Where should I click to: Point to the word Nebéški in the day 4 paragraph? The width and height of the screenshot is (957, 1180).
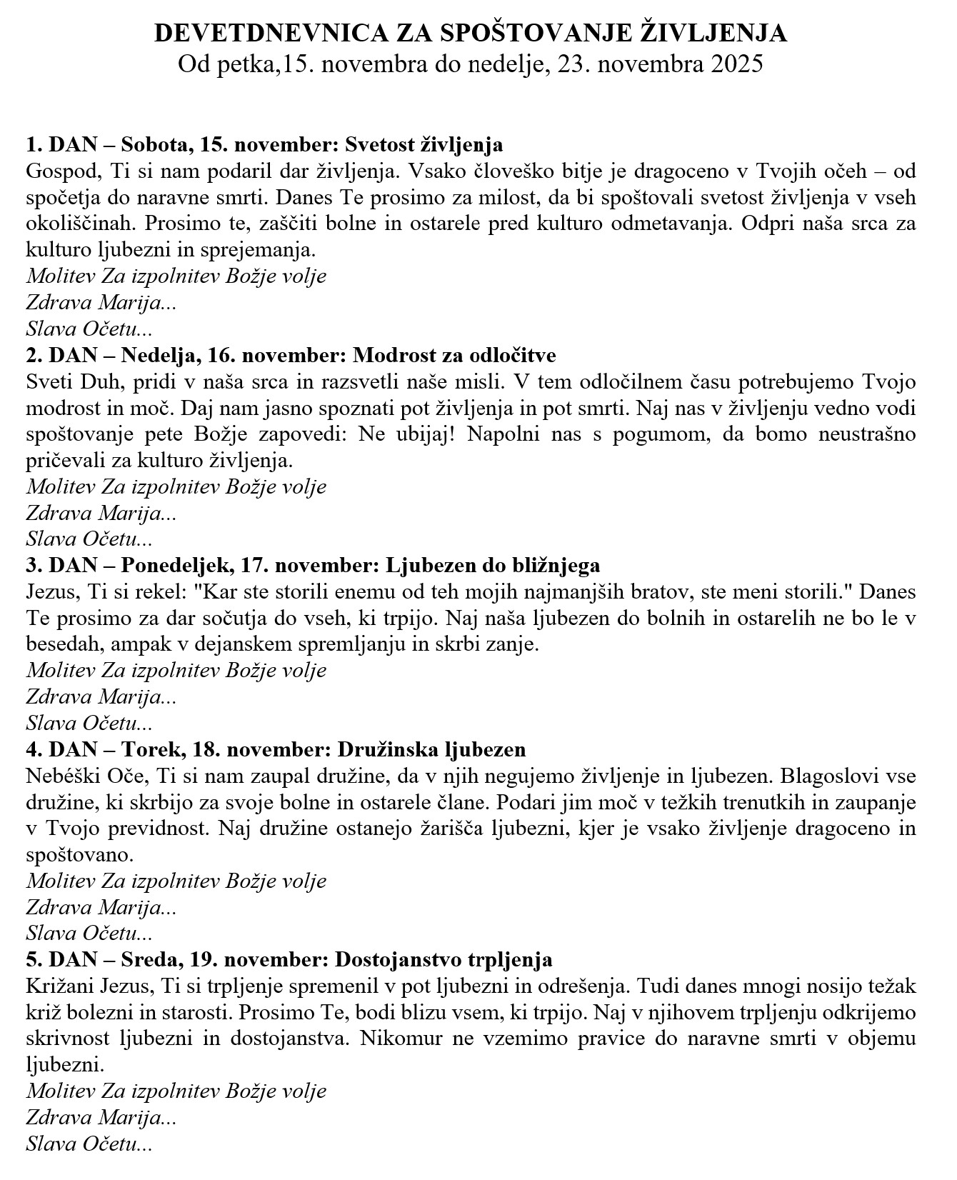pos(61,776)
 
